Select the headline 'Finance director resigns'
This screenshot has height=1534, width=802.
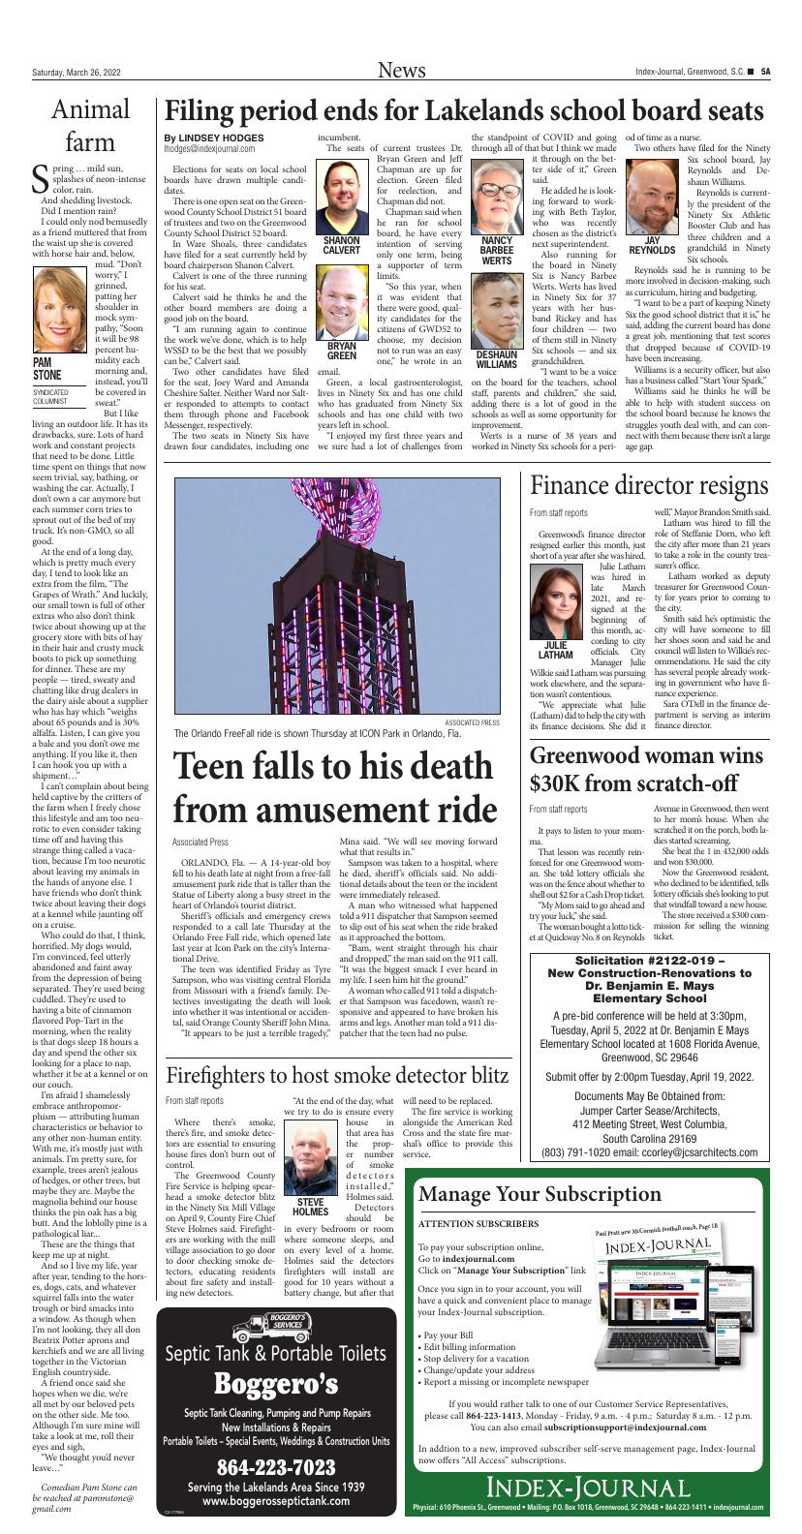(649, 485)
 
